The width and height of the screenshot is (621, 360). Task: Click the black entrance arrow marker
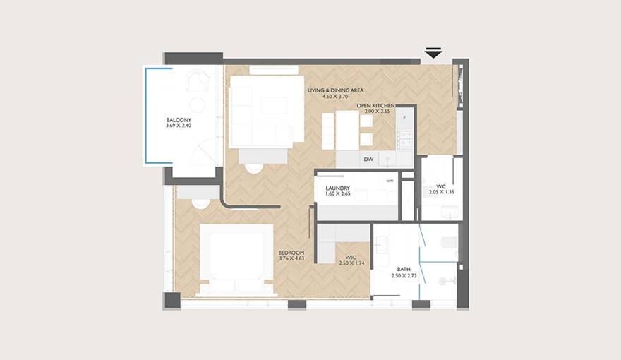click(x=433, y=53)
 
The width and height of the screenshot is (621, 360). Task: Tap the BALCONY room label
click(x=179, y=120)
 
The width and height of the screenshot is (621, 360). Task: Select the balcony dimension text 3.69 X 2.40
click(x=179, y=126)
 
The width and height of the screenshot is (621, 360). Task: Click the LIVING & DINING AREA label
click(x=335, y=90)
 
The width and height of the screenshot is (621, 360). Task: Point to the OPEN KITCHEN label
click(x=376, y=106)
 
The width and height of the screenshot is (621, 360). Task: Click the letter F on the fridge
click(x=404, y=118)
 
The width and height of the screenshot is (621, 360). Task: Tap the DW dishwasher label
click(x=368, y=160)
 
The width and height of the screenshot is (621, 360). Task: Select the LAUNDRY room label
click(x=338, y=188)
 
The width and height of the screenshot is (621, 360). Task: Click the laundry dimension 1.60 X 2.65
click(x=338, y=193)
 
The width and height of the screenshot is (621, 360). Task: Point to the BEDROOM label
click(x=291, y=253)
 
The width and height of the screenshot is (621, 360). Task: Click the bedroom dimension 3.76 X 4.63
click(x=291, y=258)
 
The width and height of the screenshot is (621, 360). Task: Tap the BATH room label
click(x=404, y=270)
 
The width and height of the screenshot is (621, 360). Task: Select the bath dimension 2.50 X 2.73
click(x=404, y=275)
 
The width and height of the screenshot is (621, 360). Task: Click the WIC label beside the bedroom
click(x=351, y=258)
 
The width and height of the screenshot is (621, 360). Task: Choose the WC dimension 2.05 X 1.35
click(x=441, y=192)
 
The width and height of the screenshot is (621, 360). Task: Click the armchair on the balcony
click(x=198, y=80)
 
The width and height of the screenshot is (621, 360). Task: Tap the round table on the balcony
click(x=197, y=104)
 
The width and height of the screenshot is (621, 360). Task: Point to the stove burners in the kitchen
click(x=405, y=139)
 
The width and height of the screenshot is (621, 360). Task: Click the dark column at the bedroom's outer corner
click(x=172, y=301)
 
